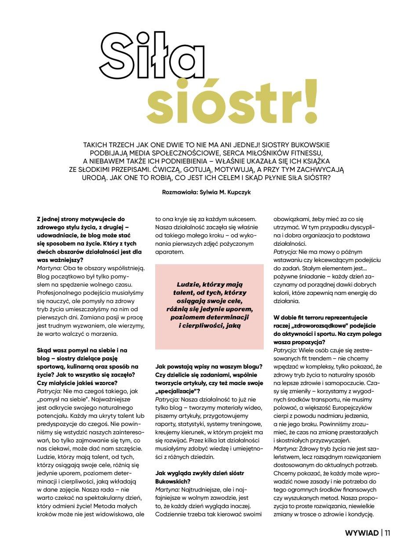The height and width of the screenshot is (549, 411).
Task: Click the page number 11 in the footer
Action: pyautogui.click(x=387, y=533)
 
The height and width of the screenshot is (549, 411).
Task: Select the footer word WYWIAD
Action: pyautogui.click(x=362, y=533)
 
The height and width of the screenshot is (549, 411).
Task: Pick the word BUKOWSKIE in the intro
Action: pyautogui.click(x=308, y=144)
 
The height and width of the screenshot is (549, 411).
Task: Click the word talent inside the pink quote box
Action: pyautogui.click(x=183, y=292)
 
